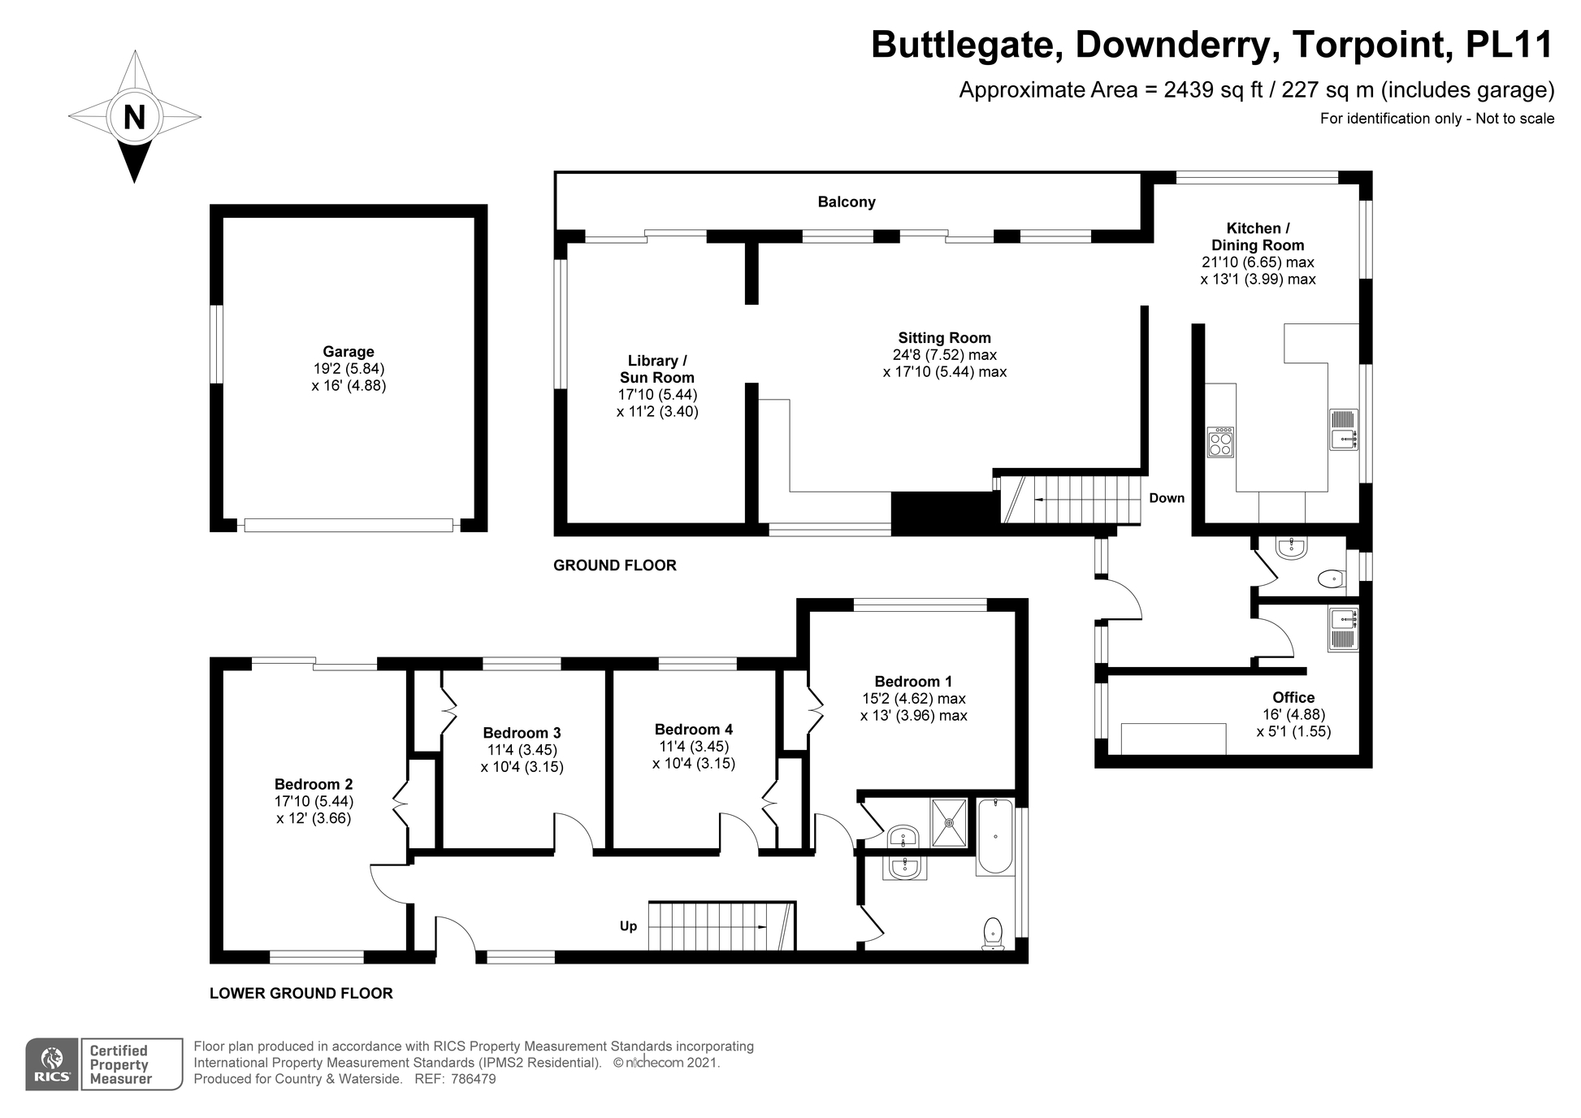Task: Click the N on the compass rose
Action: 134,117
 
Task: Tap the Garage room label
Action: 349,352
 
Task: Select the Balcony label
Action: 847,202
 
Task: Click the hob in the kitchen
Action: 1220,442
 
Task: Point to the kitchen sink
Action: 1343,429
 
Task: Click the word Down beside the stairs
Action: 1167,498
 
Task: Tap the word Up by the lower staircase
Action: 628,926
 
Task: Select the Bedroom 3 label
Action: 522,733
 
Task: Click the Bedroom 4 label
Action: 694,730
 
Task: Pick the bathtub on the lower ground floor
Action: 995,836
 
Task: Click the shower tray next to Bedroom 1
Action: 949,822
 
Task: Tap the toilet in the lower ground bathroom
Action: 993,932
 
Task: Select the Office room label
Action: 1293,697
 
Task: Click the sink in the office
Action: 1343,629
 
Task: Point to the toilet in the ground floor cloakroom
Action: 1331,579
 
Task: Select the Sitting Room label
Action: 944,338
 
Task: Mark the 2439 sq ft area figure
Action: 1213,90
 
